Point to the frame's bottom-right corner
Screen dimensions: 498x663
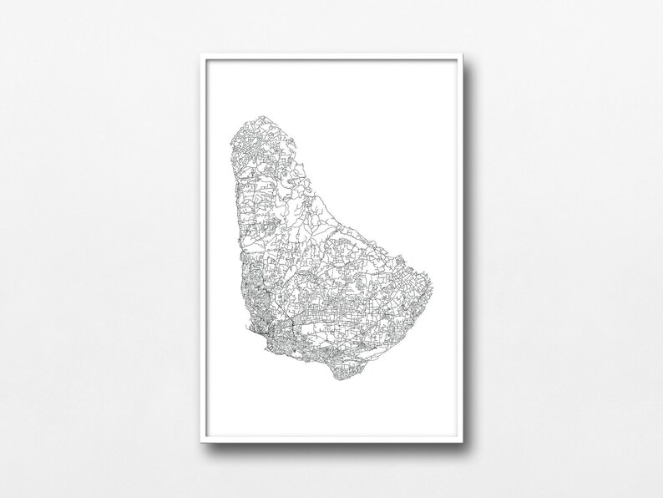click(x=462, y=443)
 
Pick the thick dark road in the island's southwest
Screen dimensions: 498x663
click(x=288, y=323)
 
